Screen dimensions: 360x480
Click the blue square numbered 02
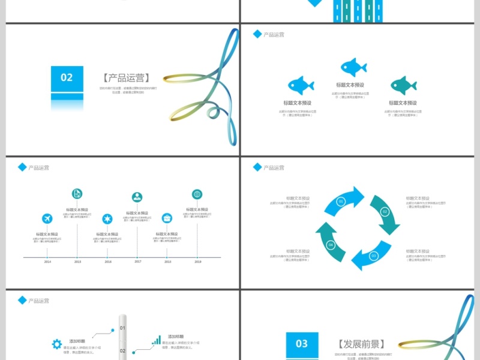click(x=67, y=77)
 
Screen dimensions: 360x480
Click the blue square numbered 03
click(x=302, y=343)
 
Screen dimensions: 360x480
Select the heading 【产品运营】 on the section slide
click(x=125, y=78)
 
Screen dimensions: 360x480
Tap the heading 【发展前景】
click(x=361, y=344)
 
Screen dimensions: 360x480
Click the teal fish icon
click(x=403, y=85)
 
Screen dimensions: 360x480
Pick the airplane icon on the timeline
click(x=47, y=218)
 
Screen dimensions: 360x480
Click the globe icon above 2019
click(x=197, y=194)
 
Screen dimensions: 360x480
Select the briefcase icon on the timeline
click(x=167, y=218)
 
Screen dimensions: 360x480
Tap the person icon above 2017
click(x=137, y=197)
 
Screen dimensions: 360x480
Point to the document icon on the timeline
click(x=77, y=193)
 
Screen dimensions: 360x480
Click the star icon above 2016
click(x=107, y=218)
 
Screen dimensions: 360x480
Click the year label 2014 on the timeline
click(x=47, y=262)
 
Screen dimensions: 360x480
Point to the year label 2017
click(x=137, y=261)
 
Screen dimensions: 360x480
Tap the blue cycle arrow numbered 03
click(x=371, y=256)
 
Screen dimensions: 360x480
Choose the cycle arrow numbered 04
click(x=330, y=243)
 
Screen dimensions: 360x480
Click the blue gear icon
click(x=56, y=344)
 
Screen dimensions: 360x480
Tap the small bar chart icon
click(x=156, y=340)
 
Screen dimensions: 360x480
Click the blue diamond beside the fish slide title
click(x=257, y=34)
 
